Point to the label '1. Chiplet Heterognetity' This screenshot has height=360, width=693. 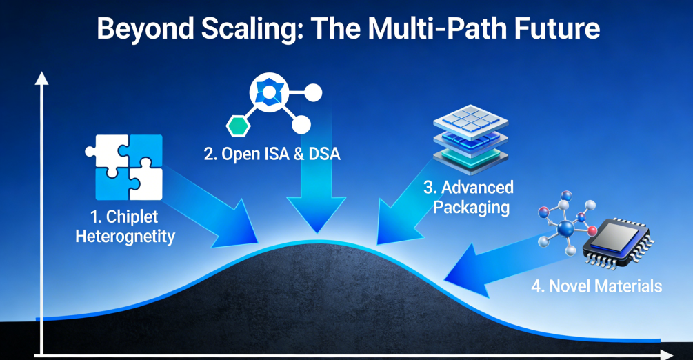click(132, 227)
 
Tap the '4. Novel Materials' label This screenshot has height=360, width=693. click(596, 285)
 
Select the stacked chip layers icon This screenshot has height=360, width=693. click(465, 141)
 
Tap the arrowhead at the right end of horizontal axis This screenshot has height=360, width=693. click(666, 354)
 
